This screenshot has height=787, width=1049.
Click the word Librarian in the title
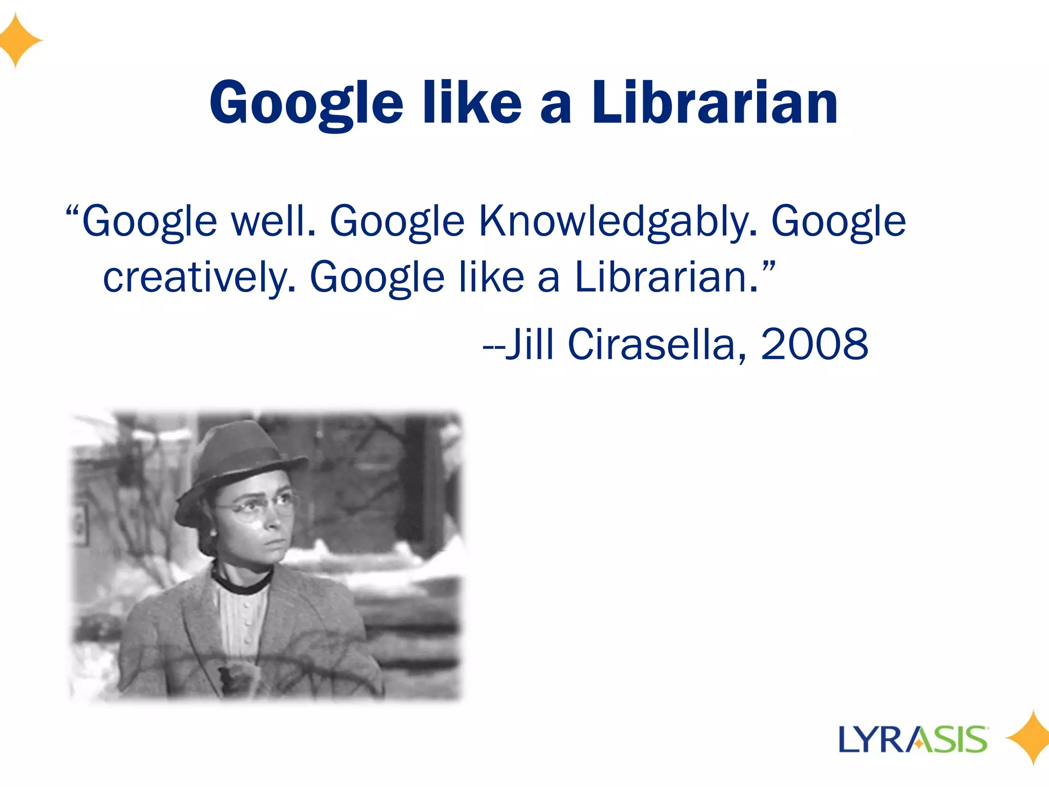715,103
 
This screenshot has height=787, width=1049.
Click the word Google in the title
306,105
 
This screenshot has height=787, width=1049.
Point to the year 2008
814,344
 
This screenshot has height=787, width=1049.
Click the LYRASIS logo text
913,739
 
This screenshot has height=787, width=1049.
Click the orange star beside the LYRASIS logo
1031,738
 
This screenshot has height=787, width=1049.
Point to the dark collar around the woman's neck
241,582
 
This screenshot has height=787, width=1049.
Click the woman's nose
275,520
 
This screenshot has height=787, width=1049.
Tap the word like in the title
471,103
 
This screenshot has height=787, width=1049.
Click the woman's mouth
274,542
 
